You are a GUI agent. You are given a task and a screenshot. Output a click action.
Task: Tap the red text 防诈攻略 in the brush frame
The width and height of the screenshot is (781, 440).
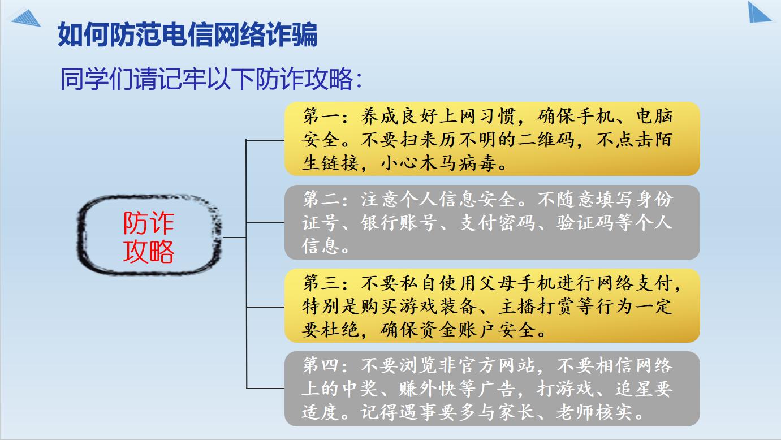point(149,237)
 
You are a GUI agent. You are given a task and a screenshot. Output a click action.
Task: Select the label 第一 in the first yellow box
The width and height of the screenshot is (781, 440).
point(321,116)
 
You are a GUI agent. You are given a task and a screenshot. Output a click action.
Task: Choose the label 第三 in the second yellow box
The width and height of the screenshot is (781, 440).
point(321,282)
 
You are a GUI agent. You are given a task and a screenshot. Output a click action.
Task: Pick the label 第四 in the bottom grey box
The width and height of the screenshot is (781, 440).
point(321,365)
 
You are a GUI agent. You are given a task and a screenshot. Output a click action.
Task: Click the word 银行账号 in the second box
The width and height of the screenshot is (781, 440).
point(399,222)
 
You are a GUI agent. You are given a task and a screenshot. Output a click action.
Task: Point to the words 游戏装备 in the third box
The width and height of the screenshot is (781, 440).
point(438,307)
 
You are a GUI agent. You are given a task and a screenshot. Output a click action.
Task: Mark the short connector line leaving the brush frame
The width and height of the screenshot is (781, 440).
point(234,238)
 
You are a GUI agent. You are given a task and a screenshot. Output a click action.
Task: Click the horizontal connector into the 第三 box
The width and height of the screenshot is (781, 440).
point(265,307)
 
